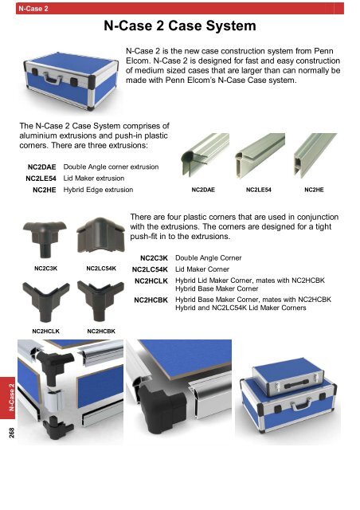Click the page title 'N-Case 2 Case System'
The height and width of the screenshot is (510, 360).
(180, 26)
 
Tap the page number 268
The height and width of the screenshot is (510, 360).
(12, 432)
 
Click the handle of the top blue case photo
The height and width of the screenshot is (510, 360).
(53, 79)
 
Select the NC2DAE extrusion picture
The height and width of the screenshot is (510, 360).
(205, 155)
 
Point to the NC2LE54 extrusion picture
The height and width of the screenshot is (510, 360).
(260, 155)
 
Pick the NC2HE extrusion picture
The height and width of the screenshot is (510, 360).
(315, 155)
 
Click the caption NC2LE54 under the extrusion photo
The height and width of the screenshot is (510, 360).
(259, 190)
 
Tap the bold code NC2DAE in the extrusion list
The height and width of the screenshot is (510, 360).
(41, 167)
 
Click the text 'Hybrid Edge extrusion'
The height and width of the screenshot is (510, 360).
(98, 190)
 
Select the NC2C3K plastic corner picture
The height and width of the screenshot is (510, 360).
(45, 237)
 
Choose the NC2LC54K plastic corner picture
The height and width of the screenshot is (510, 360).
(100, 236)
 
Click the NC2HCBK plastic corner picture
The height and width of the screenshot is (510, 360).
(100, 300)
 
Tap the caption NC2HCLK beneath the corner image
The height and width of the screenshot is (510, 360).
(46, 331)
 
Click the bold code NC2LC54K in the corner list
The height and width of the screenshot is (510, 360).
(150, 269)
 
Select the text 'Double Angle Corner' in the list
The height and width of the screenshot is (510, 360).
(209, 258)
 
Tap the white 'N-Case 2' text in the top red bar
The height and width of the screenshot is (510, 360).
(33, 9)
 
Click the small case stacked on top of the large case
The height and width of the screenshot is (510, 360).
(288, 377)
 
